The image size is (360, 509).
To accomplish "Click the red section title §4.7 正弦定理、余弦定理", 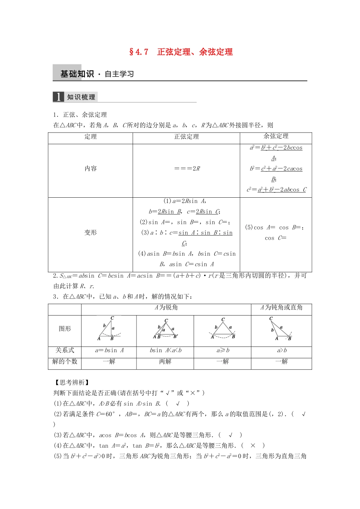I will click(x=181, y=52).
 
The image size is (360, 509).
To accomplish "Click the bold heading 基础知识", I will click(x=77, y=74).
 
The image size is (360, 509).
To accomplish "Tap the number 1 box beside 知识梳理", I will click(x=58, y=97).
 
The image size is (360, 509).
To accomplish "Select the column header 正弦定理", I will click(x=186, y=137).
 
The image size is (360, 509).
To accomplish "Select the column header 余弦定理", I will click(x=276, y=136).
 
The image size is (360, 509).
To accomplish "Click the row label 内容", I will click(x=91, y=169).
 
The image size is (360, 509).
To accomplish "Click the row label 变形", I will click(x=91, y=233).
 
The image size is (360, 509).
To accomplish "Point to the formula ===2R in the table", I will click(x=187, y=169).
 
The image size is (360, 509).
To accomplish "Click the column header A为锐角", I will click(x=166, y=308).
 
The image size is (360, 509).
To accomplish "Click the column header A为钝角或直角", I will click(x=281, y=308).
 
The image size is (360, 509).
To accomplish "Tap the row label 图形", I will click(x=65, y=329).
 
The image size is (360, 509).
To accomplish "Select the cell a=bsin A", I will click(x=109, y=350).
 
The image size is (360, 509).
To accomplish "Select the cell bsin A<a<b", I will click(x=165, y=350).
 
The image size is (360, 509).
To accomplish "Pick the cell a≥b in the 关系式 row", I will click(x=222, y=350).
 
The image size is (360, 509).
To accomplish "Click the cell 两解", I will click(x=165, y=362).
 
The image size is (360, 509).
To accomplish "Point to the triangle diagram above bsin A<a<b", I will click(x=165, y=329).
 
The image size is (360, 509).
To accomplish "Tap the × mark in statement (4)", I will click(x=253, y=446).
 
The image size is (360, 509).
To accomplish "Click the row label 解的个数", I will click(x=65, y=362).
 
